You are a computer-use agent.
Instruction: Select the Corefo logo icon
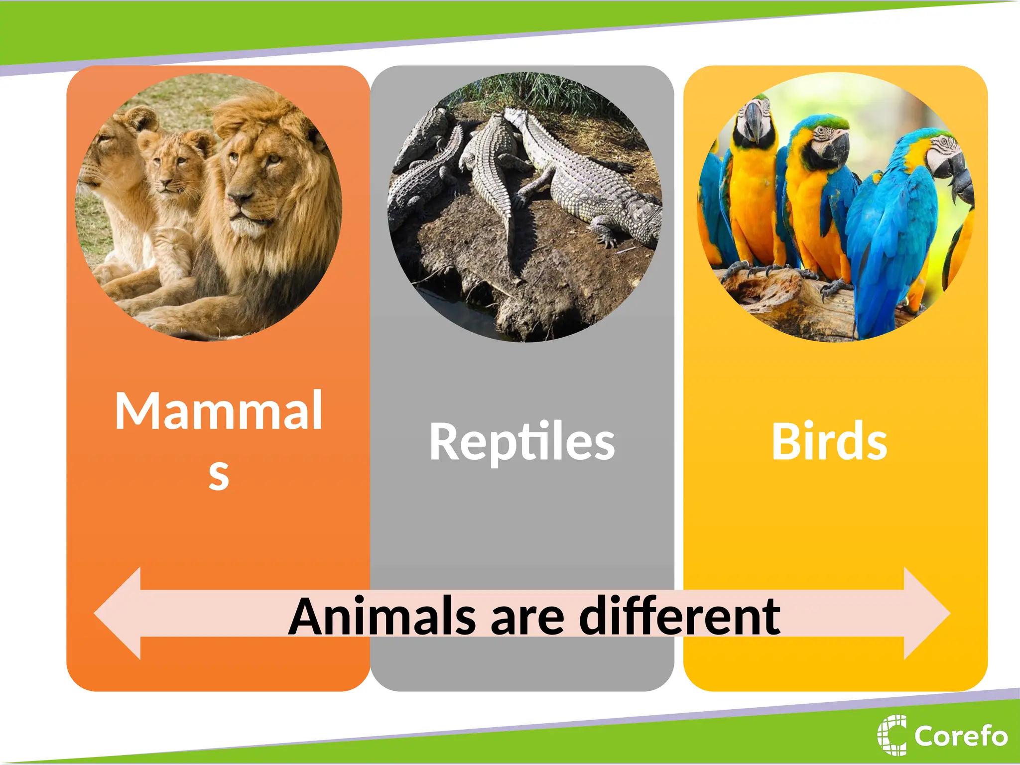pyautogui.click(x=892, y=735)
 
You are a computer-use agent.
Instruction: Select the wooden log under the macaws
pyautogui.click(x=777, y=299)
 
